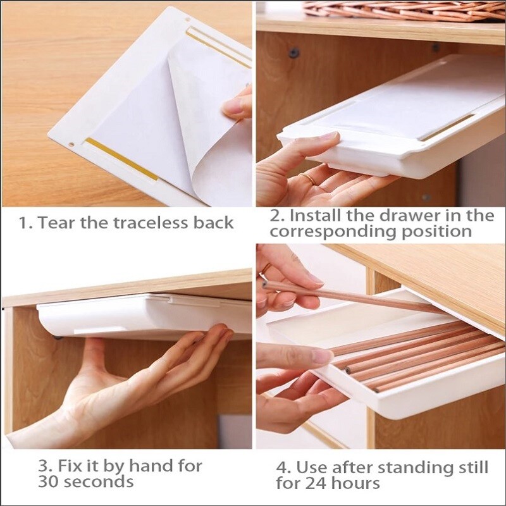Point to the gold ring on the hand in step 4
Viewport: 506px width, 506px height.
coord(266,268)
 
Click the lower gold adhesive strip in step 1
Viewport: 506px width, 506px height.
coord(121,159)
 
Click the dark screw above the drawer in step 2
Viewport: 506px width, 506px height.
coord(293,52)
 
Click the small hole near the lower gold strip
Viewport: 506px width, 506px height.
coord(71,144)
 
